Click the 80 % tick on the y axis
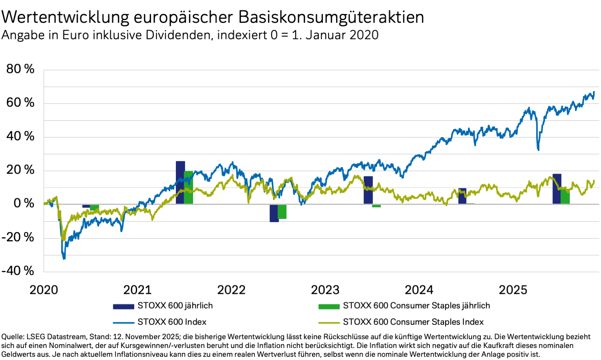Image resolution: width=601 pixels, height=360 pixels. [20, 69]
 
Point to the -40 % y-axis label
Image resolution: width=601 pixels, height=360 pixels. [18, 271]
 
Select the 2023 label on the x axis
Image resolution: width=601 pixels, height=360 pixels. [325, 290]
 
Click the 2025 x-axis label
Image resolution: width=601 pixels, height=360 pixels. [513, 290]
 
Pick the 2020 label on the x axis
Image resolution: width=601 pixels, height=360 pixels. [44, 290]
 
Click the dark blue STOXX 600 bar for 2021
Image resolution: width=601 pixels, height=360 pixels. [180, 182]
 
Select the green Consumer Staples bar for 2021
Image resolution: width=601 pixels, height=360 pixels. [188, 187]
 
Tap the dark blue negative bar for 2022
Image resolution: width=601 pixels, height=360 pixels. [274, 213]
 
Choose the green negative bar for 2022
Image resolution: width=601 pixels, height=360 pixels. [282, 212]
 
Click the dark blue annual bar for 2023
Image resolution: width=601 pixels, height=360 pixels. [368, 190]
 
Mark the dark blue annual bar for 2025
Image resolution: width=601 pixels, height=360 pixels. [557, 189]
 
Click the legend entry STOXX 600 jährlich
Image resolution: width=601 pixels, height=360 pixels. [175, 305]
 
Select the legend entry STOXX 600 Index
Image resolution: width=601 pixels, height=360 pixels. [172, 322]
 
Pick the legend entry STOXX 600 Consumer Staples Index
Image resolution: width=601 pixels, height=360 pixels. [413, 322]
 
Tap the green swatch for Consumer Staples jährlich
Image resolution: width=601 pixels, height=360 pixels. [329, 306]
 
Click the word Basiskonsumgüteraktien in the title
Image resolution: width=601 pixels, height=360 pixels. [331, 17]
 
